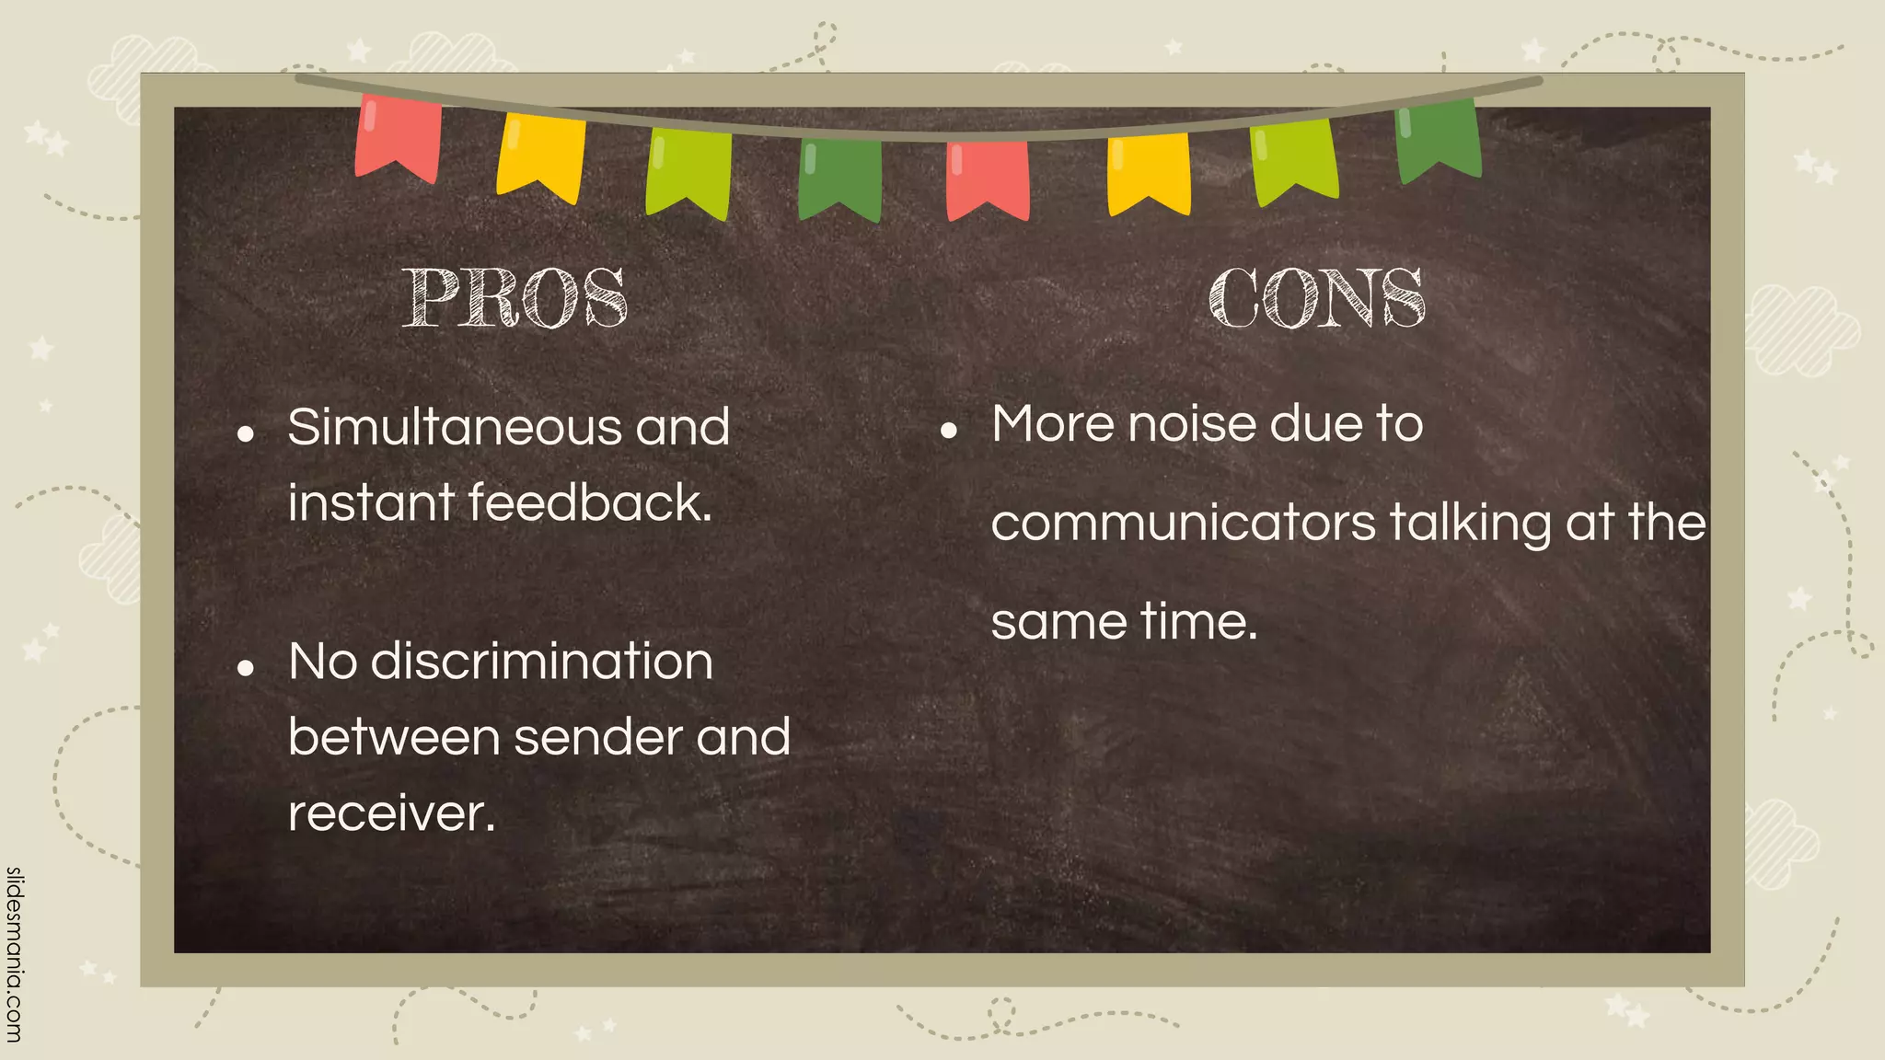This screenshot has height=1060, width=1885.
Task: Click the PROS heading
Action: coord(515,298)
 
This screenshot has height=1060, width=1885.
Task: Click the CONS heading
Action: coord(1317,298)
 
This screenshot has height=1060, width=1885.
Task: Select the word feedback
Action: coord(590,503)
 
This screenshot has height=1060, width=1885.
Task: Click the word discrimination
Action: coord(541,662)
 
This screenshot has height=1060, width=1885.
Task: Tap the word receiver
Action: coord(392,813)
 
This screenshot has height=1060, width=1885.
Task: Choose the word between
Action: coord(394,737)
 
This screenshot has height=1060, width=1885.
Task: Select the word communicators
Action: coord(1183,523)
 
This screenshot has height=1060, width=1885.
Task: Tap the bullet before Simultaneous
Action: coord(245,433)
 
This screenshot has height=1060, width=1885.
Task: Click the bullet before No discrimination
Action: coord(245,668)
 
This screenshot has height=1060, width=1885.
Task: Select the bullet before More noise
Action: coord(949,430)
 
